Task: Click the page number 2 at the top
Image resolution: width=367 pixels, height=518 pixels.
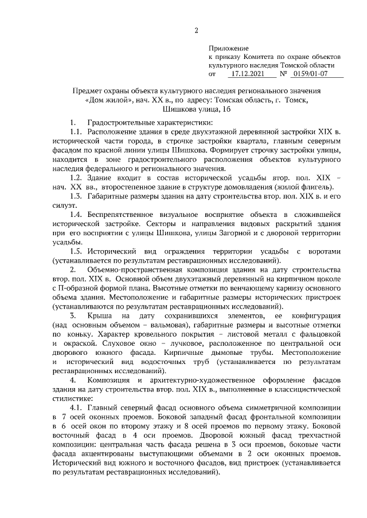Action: (196, 30)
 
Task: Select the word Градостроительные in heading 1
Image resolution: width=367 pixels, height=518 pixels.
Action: (122, 123)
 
